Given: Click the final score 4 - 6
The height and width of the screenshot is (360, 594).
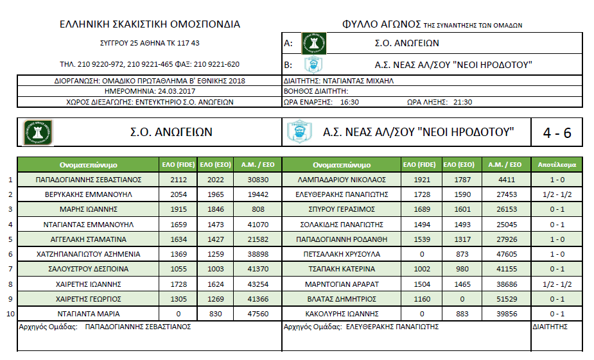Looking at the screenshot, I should pos(557,133).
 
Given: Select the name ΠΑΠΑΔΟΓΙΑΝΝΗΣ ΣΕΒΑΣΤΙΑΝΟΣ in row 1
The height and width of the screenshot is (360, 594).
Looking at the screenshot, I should pos(89,179).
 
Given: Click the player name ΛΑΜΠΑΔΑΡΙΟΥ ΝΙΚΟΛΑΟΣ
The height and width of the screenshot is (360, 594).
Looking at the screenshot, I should pos(342,179).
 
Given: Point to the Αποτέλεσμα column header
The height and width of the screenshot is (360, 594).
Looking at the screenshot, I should pos(557,164).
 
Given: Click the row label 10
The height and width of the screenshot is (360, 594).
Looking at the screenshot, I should pos(9,314).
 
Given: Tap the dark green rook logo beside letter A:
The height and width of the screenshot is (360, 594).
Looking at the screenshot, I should pos(314,44).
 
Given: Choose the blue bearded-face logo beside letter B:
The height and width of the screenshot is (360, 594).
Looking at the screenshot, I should pos(313,65).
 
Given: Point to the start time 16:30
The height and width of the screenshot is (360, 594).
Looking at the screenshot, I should pos(349,101).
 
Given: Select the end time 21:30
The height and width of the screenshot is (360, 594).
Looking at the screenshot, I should pos(462,101).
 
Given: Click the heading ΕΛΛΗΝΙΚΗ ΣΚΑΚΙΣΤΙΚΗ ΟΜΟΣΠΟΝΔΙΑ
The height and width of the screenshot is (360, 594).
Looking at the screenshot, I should pos(150,24).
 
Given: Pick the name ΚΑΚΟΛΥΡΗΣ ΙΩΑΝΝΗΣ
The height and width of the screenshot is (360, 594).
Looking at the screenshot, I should pos(342,314).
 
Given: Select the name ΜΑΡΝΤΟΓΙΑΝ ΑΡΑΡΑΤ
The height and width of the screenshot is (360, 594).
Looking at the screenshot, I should pos(342,284).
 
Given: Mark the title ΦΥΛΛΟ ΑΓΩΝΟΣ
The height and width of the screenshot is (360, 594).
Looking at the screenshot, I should pos(382,24).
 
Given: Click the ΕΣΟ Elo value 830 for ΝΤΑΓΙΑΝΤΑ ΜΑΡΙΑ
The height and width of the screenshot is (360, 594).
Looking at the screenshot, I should pos(216,314).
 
